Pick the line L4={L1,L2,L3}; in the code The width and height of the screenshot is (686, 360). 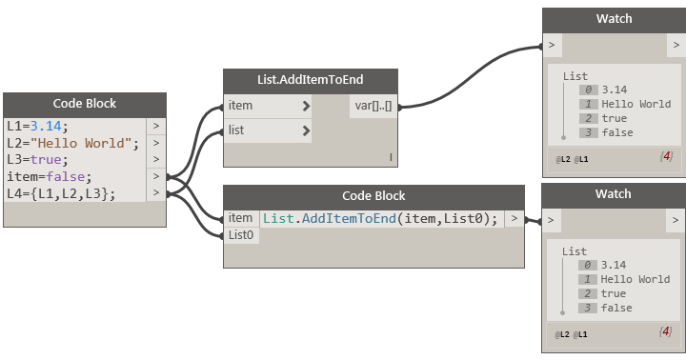[x=61, y=194]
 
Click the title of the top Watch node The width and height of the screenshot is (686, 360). [x=614, y=19]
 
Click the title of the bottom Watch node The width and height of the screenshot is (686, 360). [x=614, y=194]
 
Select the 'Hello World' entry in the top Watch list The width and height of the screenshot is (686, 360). [x=636, y=104]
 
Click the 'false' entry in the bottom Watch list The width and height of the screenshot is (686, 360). [x=617, y=308]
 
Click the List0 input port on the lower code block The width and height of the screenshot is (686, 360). [x=241, y=234]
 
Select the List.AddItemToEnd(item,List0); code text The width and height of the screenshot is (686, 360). [x=380, y=219]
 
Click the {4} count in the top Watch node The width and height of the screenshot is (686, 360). [x=666, y=155]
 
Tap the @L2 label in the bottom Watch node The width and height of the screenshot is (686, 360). [x=563, y=333]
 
